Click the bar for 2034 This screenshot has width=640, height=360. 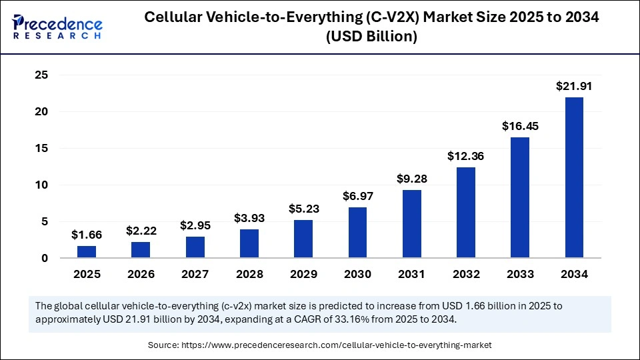[x=574, y=177]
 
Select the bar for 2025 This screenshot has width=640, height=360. [x=87, y=251]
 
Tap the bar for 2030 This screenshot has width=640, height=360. [x=357, y=232]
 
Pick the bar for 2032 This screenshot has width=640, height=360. [x=466, y=212]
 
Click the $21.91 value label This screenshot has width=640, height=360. [x=574, y=86]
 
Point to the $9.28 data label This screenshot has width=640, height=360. [x=412, y=179]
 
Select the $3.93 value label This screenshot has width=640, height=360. [x=249, y=218]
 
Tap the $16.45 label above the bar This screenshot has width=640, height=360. [x=520, y=126]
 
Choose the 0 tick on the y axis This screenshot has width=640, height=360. [x=45, y=258]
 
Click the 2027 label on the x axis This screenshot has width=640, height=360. [x=195, y=274]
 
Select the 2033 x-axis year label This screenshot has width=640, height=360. [x=520, y=274]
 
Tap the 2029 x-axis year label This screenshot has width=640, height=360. [x=303, y=274]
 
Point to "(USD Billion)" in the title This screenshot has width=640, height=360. [x=371, y=37]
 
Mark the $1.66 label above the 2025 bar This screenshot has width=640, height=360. [x=87, y=234]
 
